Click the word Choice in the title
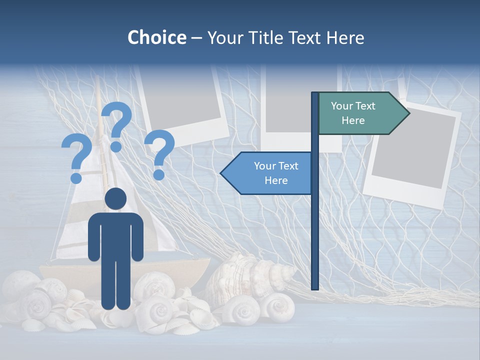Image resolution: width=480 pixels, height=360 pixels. coord(156,37)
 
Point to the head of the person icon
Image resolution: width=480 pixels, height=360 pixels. coord(115,199)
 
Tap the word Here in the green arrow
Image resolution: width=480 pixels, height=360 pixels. coord(353,120)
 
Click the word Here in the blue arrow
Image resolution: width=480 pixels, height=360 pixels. coord(276,180)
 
